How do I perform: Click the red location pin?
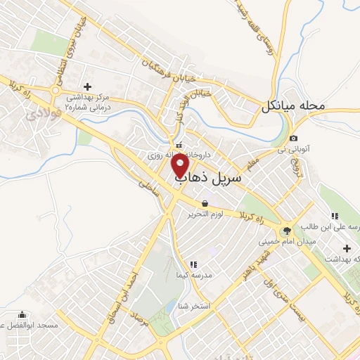coord(181,165)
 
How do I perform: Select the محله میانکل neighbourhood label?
coord(294,107)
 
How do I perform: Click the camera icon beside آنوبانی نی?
coord(293,138)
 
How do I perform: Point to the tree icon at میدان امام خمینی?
coord(287,230)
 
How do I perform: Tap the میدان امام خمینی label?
coord(288,241)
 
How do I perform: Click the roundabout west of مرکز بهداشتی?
coord(56,90)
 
